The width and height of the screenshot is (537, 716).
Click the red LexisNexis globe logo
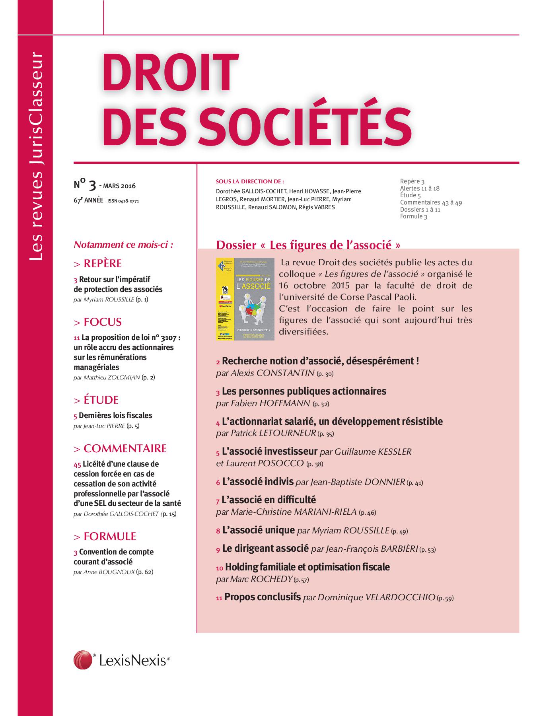pos(83,660)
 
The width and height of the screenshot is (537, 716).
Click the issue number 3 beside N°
pos(92,185)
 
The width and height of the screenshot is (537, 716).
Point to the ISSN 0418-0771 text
pos(123,201)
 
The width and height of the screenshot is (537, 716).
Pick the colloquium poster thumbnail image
pos(245,299)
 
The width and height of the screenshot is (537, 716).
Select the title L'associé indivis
pos(258,482)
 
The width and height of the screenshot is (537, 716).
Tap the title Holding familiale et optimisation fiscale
pos(307,567)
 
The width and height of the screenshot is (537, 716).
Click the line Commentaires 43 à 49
pos(431,202)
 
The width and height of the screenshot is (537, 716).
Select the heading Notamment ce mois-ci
pos(123,245)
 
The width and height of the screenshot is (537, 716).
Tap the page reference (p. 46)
pos(367,512)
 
